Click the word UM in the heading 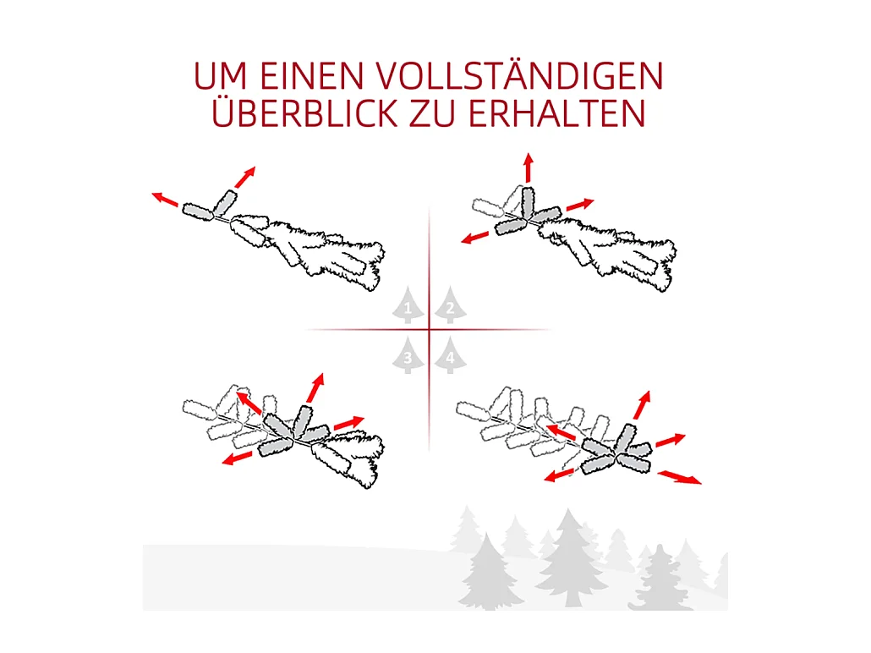click(x=221, y=77)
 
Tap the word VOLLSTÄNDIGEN click(x=520, y=77)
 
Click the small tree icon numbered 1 click(x=408, y=308)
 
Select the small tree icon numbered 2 click(x=451, y=308)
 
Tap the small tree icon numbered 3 click(x=408, y=356)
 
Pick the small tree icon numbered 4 click(x=451, y=356)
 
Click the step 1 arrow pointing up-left click(x=165, y=200)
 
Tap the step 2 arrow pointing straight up click(x=529, y=167)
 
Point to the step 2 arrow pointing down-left click(x=475, y=237)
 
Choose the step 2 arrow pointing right click(x=580, y=205)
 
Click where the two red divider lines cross click(x=430, y=329)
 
